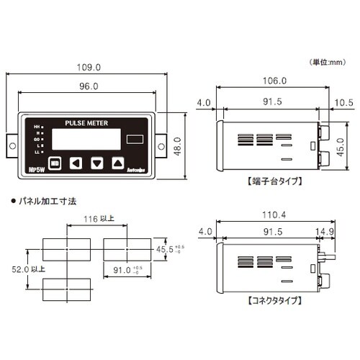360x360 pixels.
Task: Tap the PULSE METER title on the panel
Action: click(86, 123)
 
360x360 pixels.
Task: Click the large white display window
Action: click(83, 140)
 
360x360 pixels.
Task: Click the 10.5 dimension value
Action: click(342, 103)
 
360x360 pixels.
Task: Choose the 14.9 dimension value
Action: click(324, 233)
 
